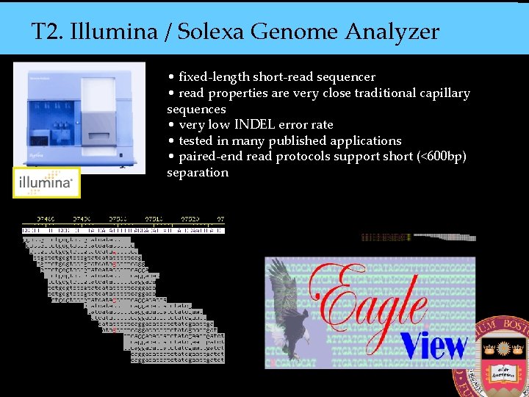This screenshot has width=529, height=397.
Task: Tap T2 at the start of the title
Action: pyautogui.click(x=46, y=32)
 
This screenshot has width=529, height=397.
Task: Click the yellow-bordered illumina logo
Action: pyautogui.click(x=46, y=182)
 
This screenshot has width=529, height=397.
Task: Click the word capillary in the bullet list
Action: pyautogui.click(x=442, y=93)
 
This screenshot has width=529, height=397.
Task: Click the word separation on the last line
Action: pyautogui.click(x=198, y=173)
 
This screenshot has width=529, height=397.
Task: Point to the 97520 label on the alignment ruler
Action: pyautogui.click(x=190, y=219)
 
